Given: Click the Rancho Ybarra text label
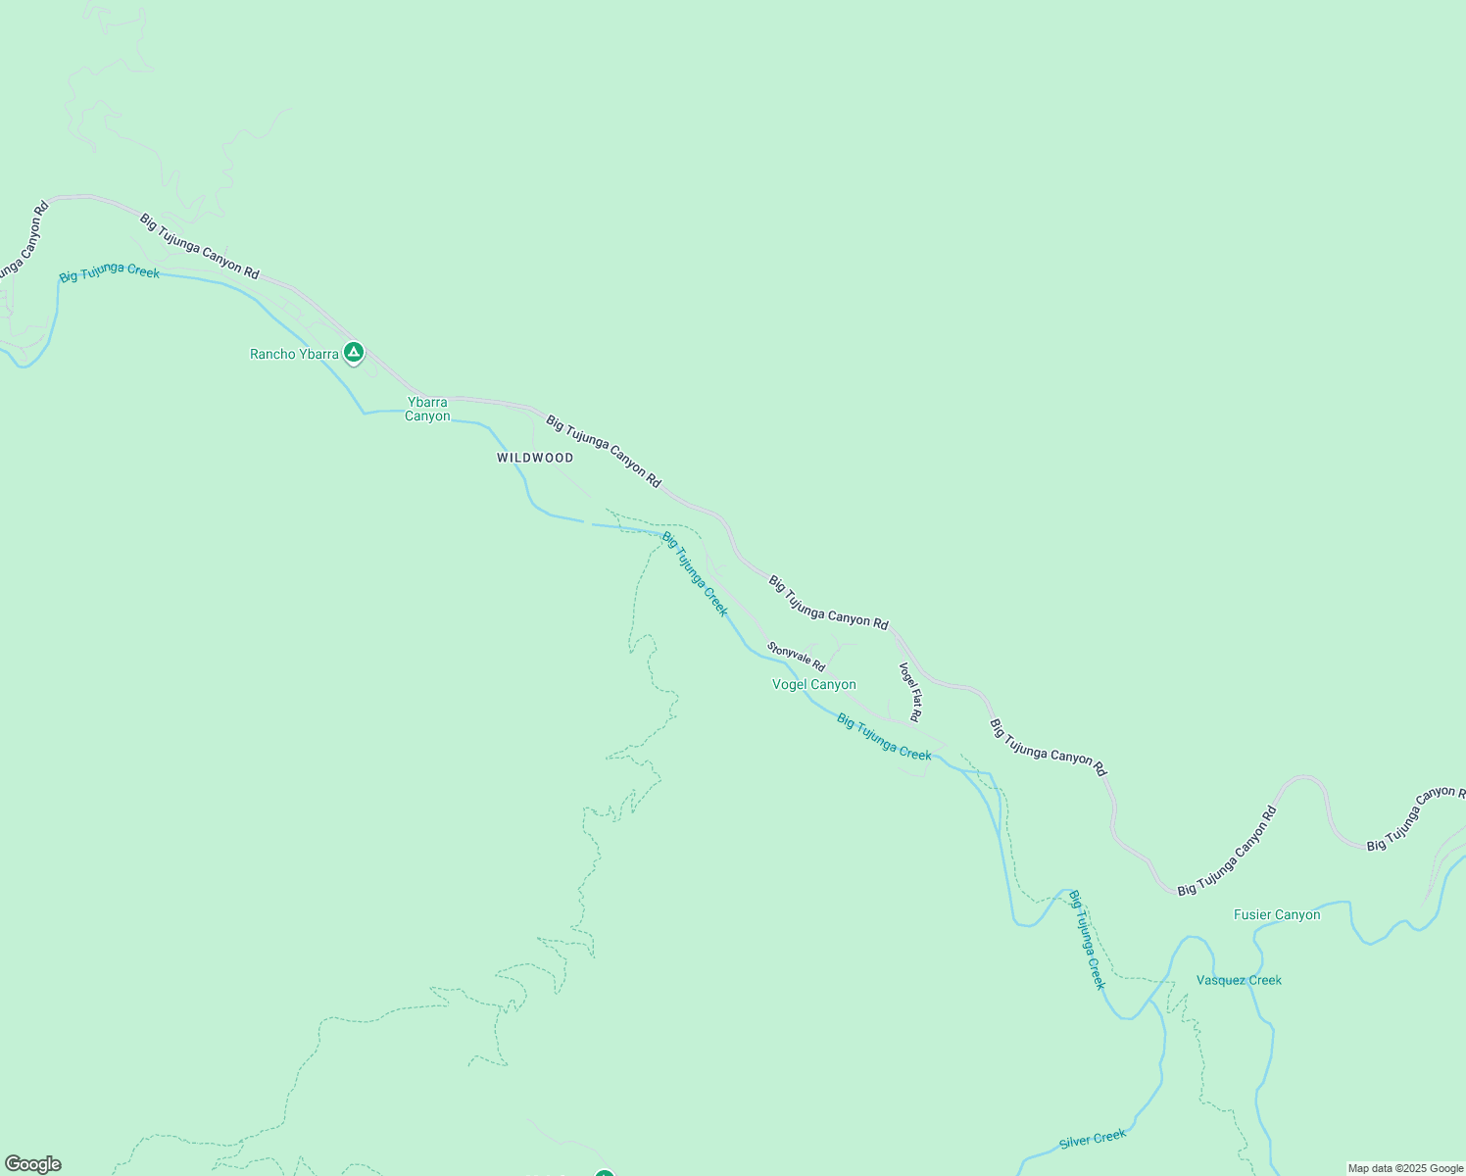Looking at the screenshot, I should point(294,354).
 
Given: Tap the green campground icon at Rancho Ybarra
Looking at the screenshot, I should point(354,352).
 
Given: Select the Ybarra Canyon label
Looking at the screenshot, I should point(427,409).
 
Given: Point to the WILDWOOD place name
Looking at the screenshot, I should point(535,458).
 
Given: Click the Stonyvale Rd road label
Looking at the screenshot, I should point(796,657).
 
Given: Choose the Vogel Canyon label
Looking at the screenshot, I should point(813,685).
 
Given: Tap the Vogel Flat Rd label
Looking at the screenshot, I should point(910,692).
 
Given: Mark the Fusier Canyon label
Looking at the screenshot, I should point(1276,915).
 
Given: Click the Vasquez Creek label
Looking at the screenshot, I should point(1239,980).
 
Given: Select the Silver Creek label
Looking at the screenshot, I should point(1093,1140).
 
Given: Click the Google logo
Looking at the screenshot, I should point(32,1164).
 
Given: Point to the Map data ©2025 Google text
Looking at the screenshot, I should point(1405,1168).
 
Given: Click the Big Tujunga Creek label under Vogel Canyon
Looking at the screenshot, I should point(884,737).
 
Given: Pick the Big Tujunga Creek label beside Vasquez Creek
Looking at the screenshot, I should point(1086,940).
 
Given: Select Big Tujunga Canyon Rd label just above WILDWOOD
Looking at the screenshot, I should point(604,452).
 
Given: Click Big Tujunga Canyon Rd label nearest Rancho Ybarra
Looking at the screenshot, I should point(199,247).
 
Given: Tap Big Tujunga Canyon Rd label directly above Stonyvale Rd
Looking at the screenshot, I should point(828,603).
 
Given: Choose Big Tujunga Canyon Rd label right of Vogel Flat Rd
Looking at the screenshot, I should point(1048,748).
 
